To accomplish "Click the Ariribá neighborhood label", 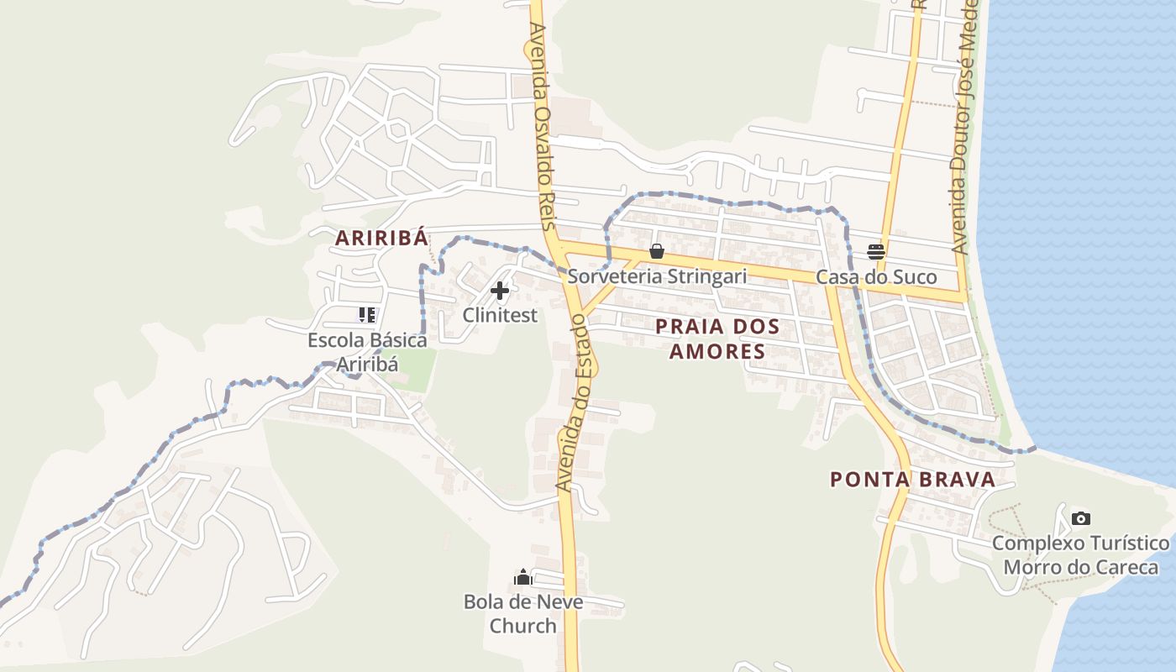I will click(382, 238).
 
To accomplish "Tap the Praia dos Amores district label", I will click(717, 339).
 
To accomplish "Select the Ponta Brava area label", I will click(912, 480).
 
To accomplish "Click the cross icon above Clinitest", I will click(500, 291).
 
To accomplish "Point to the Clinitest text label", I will click(500, 315).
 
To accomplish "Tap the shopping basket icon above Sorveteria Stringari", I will click(657, 251).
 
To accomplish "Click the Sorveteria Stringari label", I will click(657, 276).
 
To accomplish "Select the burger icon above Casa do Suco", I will click(876, 251).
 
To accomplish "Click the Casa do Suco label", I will click(876, 277).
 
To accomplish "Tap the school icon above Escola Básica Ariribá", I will click(367, 315).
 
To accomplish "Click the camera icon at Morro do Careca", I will click(1081, 518).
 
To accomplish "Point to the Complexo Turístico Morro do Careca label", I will click(1081, 555).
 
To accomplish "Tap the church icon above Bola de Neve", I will click(523, 577).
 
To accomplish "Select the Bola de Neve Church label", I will click(523, 614).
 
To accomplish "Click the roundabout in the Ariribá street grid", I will click(400, 129).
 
